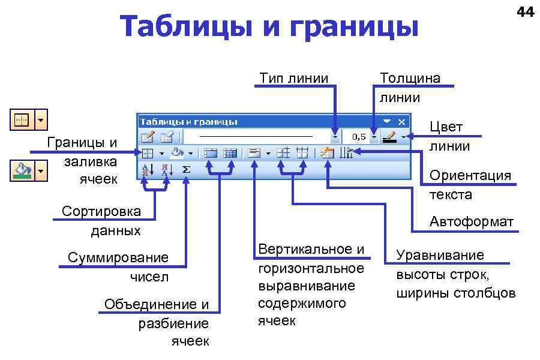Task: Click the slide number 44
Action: pos(525,11)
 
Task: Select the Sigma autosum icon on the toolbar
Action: pos(186,170)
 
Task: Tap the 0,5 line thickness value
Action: pos(359,137)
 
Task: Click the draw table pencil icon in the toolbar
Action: pos(148,137)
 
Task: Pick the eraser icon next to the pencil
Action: pos(167,137)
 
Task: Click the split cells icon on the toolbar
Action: pos(230,153)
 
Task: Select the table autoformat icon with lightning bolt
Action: pos(327,153)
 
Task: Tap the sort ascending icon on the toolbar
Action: pos(148,170)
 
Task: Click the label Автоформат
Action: pos(471,222)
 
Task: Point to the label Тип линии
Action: pos(294,78)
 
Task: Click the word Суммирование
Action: pos(118,257)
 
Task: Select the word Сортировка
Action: pos(101,211)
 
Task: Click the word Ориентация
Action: pos(470,175)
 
